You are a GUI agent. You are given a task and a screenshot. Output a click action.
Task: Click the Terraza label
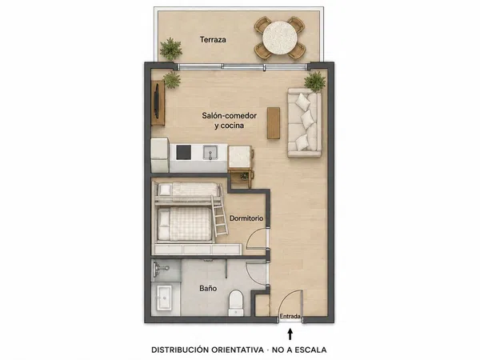(213, 39)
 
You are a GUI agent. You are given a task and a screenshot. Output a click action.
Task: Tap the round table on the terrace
(279, 38)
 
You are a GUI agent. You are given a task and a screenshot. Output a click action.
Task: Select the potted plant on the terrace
(170, 49)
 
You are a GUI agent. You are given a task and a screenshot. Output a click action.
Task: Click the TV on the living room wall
(157, 101)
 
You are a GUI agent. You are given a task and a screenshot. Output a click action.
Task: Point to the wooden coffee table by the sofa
(274, 123)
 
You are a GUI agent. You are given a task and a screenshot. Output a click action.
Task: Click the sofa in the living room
(304, 123)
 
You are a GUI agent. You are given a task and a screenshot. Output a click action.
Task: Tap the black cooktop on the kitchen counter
(184, 153)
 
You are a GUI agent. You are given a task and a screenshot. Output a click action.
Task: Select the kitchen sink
(210, 153)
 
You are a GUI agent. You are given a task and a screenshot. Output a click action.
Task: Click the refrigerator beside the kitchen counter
(160, 155)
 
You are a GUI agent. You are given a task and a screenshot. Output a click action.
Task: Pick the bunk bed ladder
(219, 216)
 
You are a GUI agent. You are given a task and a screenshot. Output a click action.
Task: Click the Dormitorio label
(246, 218)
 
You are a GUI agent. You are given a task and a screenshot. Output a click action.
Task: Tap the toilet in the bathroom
(236, 303)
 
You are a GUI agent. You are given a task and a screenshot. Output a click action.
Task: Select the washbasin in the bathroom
(164, 298)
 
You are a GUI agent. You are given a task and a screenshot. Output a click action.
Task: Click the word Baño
(208, 288)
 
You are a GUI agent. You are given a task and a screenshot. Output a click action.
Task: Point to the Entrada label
(290, 316)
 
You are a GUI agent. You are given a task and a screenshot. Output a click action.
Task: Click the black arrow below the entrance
(290, 334)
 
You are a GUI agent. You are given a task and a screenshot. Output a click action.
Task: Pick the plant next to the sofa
(314, 82)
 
